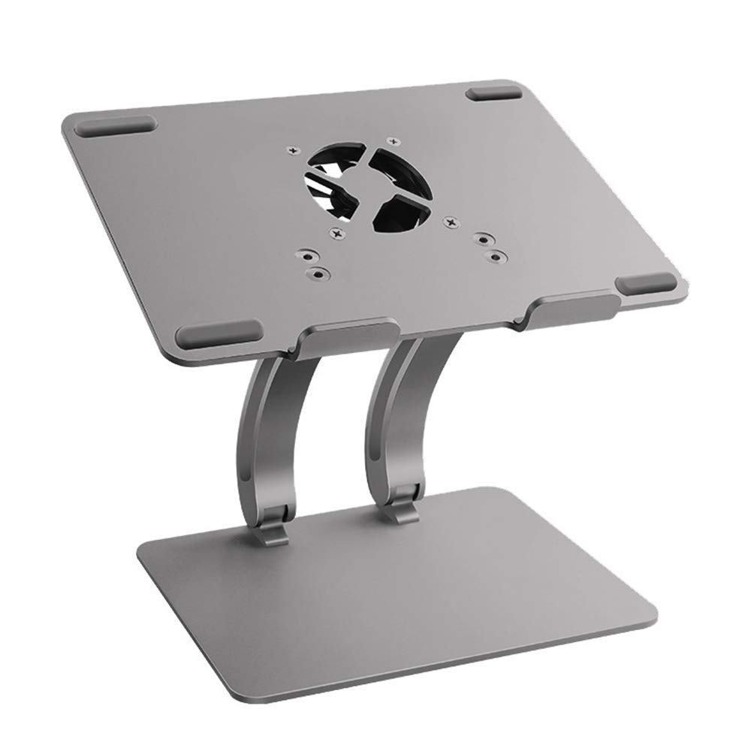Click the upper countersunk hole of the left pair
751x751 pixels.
(305, 255)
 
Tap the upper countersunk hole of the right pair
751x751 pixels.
(481, 240)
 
